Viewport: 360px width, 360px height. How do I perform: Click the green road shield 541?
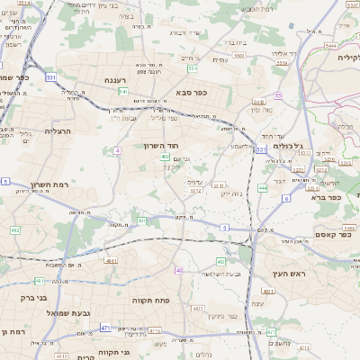coord(122,92)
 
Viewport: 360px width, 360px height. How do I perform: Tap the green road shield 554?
coord(193,67)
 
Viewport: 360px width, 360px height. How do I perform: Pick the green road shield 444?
coord(263,188)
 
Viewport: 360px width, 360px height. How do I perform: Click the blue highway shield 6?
coord(285,197)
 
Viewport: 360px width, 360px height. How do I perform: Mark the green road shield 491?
coord(141,220)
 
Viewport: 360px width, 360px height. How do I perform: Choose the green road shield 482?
coord(14,229)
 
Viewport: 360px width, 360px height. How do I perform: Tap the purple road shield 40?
coord(180,270)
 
